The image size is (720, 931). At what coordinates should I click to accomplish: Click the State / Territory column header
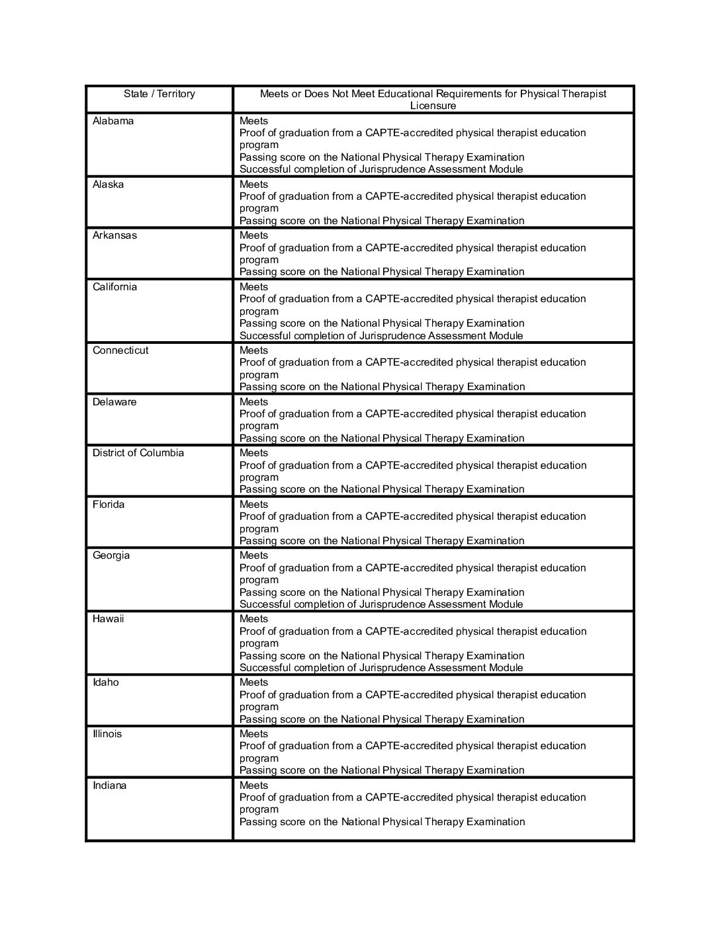pyautogui.click(x=159, y=94)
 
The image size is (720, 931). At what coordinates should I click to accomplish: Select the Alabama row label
pyautogui.click(x=113, y=121)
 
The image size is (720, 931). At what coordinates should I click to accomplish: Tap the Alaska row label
pyautogui.click(x=108, y=184)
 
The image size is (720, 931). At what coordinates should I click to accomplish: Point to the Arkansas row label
pyautogui.click(x=114, y=235)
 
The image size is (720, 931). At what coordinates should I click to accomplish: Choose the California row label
pyautogui.click(x=114, y=287)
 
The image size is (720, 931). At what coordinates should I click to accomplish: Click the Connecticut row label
pyautogui.click(x=120, y=350)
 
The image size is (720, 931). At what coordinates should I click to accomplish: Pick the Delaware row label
pyautogui.click(x=114, y=402)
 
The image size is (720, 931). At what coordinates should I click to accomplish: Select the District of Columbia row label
pyautogui.click(x=138, y=453)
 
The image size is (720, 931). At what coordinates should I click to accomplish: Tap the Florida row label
pyautogui.click(x=109, y=505)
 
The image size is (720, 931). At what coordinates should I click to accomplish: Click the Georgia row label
pyautogui.click(x=111, y=555)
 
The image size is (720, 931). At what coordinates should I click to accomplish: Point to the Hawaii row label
pyautogui.click(x=108, y=619)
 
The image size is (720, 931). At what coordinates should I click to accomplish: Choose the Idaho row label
pyautogui.click(x=106, y=682)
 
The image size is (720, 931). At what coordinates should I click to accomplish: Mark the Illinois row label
pyautogui.click(x=107, y=734)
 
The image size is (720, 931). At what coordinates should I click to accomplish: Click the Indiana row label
pyautogui.click(x=109, y=786)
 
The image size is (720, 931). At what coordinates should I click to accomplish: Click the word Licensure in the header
pyautogui.click(x=433, y=106)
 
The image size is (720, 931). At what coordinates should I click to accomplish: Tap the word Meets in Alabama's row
pyautogui.click(x=253, y=121)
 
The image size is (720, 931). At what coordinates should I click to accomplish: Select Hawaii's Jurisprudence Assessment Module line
pyautogui.click(x=381, y=668)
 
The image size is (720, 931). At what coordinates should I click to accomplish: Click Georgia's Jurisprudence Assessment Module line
pyautogui.click(x=381, y=604)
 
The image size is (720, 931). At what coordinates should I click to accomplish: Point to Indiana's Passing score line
pyautogui.click(x=382, y=822)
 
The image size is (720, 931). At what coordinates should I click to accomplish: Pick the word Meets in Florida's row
pyautogui.click(x=253, y=505)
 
